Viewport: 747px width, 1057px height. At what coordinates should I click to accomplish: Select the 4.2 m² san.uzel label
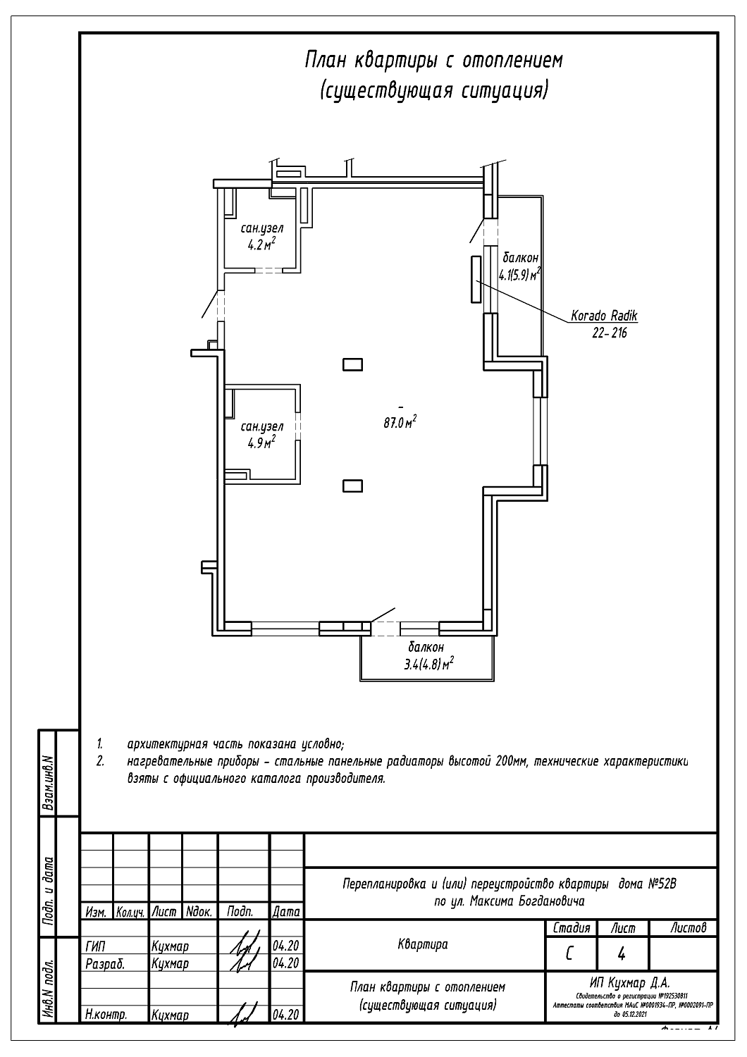pos(261,237)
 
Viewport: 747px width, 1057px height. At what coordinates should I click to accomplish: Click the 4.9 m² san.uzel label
pos(261,435)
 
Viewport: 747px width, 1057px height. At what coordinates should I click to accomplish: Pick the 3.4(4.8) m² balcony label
pos(428,655)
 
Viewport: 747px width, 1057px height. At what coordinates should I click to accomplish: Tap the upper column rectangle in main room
pos(352,364)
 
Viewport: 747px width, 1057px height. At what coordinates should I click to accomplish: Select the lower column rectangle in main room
pos(352,486)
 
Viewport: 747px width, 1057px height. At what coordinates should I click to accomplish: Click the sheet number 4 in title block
pos(622,954)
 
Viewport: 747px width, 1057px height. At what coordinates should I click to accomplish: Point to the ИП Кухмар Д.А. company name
pos(630,982)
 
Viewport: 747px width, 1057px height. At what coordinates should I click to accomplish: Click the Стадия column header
pos(571,928)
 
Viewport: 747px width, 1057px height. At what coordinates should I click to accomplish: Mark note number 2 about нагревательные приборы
pos(101,761)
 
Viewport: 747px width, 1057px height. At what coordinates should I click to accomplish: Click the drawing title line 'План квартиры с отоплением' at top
pos(433,61)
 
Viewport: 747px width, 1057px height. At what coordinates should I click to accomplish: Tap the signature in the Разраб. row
pos(244,963)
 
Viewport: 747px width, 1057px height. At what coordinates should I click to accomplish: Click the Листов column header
pos(688,928)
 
